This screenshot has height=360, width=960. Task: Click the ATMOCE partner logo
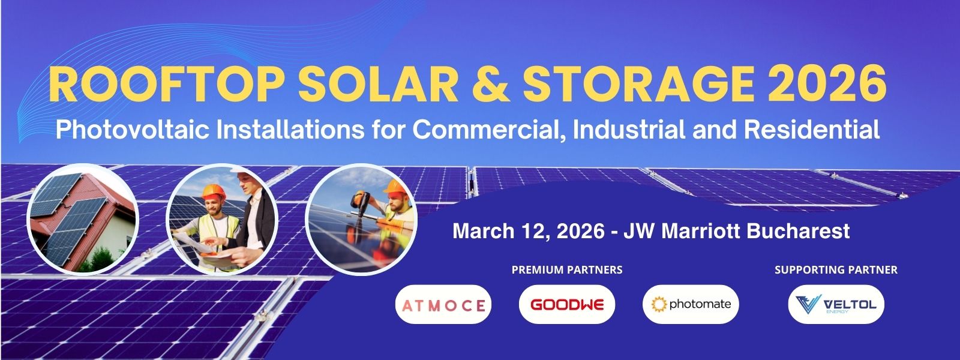click(443, 304)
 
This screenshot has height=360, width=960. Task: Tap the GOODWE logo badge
click(567, 304)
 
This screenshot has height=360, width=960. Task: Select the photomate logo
click(691, 304)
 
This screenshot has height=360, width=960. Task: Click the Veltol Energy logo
click(836, 304)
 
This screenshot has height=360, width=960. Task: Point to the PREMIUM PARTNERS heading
click(567, 269)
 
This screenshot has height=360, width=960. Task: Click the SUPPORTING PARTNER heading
click(836, 269)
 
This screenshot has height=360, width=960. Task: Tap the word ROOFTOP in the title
click(166, 83)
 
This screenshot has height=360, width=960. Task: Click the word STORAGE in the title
click(638, 83)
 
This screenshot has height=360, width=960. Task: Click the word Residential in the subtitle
click(812, 130)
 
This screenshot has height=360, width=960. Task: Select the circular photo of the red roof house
click(83, 219)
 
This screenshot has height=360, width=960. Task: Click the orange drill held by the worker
click(360, 202)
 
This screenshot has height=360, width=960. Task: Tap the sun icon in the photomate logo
click(659, 304)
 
